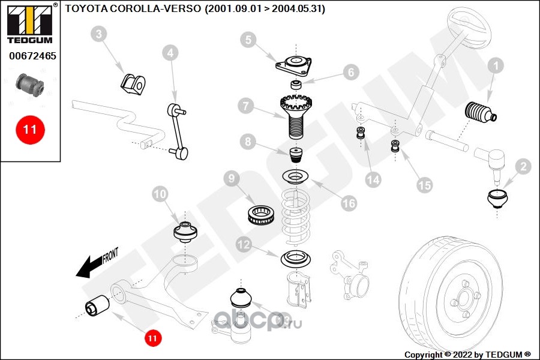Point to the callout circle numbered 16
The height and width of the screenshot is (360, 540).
(349, 203)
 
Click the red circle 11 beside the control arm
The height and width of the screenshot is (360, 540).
(152, 338)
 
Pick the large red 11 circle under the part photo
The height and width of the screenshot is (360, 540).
(30, 129)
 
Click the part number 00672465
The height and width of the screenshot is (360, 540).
(32, 56)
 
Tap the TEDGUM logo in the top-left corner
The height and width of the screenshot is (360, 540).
(30, 23)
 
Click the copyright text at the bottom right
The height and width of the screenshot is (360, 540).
(467, 355)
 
